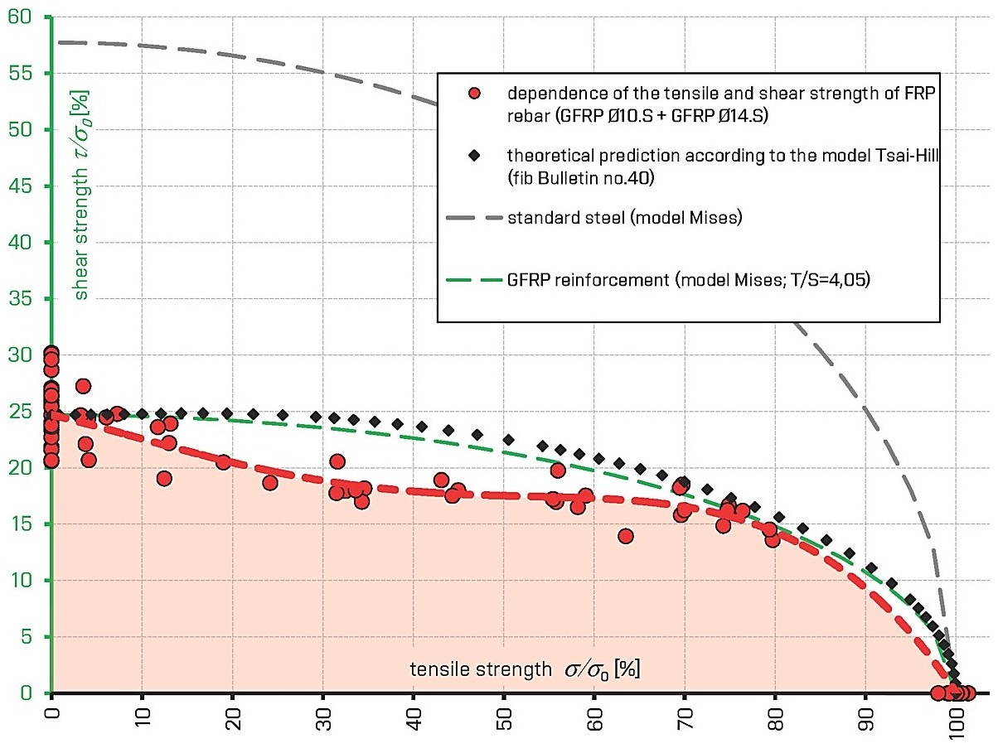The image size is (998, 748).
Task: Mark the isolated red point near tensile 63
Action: click(626, 536)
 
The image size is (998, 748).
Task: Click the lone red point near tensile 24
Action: click(270, 483)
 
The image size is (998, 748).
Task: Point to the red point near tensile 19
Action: click(224, 462)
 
